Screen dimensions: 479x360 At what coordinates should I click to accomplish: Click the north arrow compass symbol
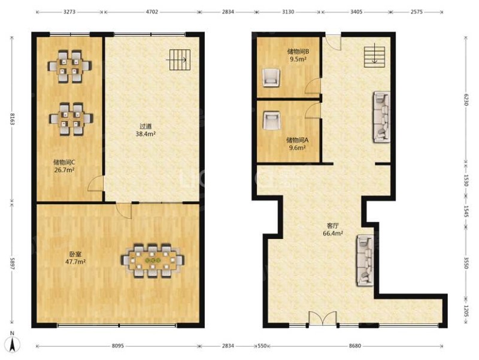tap(12, 342)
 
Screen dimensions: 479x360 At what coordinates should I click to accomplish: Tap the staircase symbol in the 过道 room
tap(178, 59)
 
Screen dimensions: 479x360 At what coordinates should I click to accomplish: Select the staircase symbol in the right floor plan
tap(374, 56)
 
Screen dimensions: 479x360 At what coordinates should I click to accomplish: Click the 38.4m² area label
tap(146, 134)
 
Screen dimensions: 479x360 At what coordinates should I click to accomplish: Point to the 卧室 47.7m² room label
tap(75, 258)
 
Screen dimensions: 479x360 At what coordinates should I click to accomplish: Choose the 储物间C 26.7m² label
tap(65, 166)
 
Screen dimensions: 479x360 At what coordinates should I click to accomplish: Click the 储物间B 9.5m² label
tap(298, 55)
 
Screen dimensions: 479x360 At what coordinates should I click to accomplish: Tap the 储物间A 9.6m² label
tap(298, 144)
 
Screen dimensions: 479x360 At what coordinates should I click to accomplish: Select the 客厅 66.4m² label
tap(333, 229)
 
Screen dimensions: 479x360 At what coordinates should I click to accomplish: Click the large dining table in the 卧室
tap(153, 261)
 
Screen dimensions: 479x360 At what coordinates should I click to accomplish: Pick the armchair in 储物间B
tap(271, 78)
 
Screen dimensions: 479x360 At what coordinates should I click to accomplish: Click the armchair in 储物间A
tap(271, 120)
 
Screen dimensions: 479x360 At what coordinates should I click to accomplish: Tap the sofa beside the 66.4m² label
tap(365, 260)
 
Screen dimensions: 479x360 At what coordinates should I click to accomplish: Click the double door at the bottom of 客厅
tap(323, 319)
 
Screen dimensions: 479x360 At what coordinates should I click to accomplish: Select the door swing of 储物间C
tap(95, 184)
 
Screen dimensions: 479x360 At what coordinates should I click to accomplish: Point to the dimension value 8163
tap(12, 119)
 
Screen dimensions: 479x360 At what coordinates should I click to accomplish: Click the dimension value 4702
tap(152, 12)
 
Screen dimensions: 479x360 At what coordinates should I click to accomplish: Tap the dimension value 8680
tap(354, 346)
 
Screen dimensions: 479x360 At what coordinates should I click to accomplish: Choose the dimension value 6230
tap(466, 99)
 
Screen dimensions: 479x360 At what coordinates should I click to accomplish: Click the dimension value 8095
tap(117, 346)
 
